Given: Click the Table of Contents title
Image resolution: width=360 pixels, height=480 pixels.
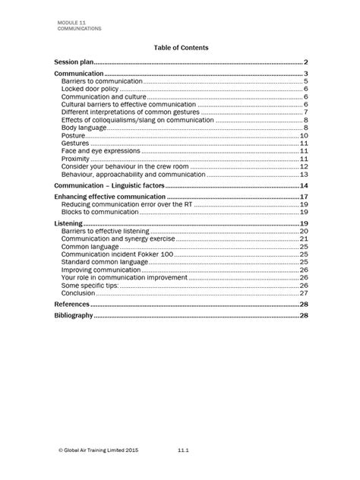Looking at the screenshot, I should tap(181, 47).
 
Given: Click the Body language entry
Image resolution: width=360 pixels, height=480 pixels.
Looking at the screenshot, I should tap(84, 128).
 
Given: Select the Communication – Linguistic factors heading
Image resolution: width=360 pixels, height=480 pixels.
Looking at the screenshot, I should tap(109, 186).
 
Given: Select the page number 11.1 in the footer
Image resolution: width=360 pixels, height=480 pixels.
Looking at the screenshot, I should tap(182, 450).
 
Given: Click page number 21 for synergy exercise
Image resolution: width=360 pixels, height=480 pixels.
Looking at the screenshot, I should tap(303, 239).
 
